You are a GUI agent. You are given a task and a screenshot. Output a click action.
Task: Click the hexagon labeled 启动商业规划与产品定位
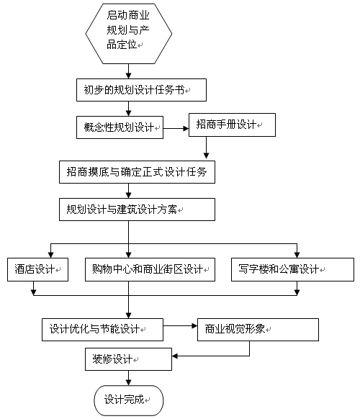(129, 34)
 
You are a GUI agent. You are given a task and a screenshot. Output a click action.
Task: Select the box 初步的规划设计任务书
(141, 90)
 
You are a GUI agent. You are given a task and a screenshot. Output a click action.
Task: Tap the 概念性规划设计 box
(120, 127)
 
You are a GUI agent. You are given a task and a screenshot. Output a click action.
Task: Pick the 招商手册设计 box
(232, 125)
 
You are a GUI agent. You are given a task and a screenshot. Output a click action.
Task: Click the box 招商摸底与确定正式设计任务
(137, 172)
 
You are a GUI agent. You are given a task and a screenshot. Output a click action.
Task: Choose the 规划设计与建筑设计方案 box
(137, 209)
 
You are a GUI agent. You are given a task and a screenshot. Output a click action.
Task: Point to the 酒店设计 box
(37, 269)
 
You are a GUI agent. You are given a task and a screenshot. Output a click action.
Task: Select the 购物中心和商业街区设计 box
(150, 269)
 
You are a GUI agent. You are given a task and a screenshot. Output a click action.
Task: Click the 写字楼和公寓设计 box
(292, 269)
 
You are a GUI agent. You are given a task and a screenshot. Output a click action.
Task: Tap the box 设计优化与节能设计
(102, 330)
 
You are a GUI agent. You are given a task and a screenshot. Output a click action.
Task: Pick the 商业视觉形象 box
(258, 330)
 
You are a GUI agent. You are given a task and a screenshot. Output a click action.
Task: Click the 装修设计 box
(128, 359)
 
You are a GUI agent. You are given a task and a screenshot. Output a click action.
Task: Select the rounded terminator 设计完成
(129, 400)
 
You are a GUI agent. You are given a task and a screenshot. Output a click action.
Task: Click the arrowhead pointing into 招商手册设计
(186, 129)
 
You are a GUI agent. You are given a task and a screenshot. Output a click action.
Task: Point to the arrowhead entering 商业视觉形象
(194, 326)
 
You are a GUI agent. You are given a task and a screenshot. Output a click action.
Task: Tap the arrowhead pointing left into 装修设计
(175, 356)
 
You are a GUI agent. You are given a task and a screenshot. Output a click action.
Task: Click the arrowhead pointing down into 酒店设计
(51, 255)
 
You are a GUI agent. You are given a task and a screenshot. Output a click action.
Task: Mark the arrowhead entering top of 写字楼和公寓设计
(297, 255)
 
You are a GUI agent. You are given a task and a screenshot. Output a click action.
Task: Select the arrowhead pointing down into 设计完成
(129, 382)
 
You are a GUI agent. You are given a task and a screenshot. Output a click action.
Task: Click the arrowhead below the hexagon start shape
(129, 76)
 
